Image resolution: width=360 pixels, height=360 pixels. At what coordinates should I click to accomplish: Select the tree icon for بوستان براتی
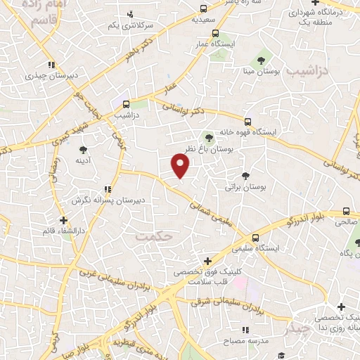pos(245,176)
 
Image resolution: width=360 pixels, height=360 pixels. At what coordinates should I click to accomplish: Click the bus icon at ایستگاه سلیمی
pos(256,238)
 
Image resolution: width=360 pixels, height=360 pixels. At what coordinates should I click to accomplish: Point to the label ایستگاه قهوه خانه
pos(250,131)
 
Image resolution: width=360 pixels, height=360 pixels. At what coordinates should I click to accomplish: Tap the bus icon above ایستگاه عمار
pos(215,32)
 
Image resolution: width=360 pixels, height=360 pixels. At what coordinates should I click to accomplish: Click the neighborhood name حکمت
pos(155,238)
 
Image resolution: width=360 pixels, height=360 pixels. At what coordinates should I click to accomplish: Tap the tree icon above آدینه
pos(83,149)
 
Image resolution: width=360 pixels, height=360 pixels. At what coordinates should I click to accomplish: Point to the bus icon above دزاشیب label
pos(126,104)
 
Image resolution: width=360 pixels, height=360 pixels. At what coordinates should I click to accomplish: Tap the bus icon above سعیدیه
pos(203,9)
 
